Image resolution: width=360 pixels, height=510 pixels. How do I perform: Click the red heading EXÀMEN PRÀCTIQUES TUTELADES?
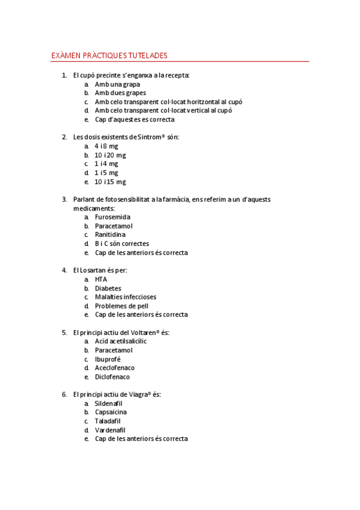(109, 56)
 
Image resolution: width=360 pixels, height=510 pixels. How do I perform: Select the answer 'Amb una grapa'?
(117, 85)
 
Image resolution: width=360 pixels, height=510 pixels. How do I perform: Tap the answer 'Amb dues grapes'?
(120, 93)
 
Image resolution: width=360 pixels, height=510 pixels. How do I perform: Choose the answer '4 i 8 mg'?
(106, 146)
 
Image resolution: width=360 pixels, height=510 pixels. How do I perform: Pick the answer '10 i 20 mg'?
(110, 155)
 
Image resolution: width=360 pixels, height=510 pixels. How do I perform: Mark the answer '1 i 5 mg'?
(106, 173)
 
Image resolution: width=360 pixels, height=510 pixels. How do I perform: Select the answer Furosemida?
(112, 217)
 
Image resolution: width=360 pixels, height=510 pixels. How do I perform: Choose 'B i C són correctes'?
(122, 244)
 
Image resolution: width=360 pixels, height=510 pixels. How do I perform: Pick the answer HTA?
(101, 280)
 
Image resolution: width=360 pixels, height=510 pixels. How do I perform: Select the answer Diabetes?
(108, 288)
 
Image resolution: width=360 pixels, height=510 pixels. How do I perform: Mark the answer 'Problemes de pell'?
(121, 306)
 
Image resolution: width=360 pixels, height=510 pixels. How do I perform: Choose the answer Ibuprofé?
(108, 359)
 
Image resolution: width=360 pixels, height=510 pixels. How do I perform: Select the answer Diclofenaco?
(112, 377)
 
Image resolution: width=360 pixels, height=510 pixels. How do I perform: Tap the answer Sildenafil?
(111, 404)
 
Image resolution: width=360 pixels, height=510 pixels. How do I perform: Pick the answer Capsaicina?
(111, 412)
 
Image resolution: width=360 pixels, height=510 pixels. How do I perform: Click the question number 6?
(64, 395)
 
